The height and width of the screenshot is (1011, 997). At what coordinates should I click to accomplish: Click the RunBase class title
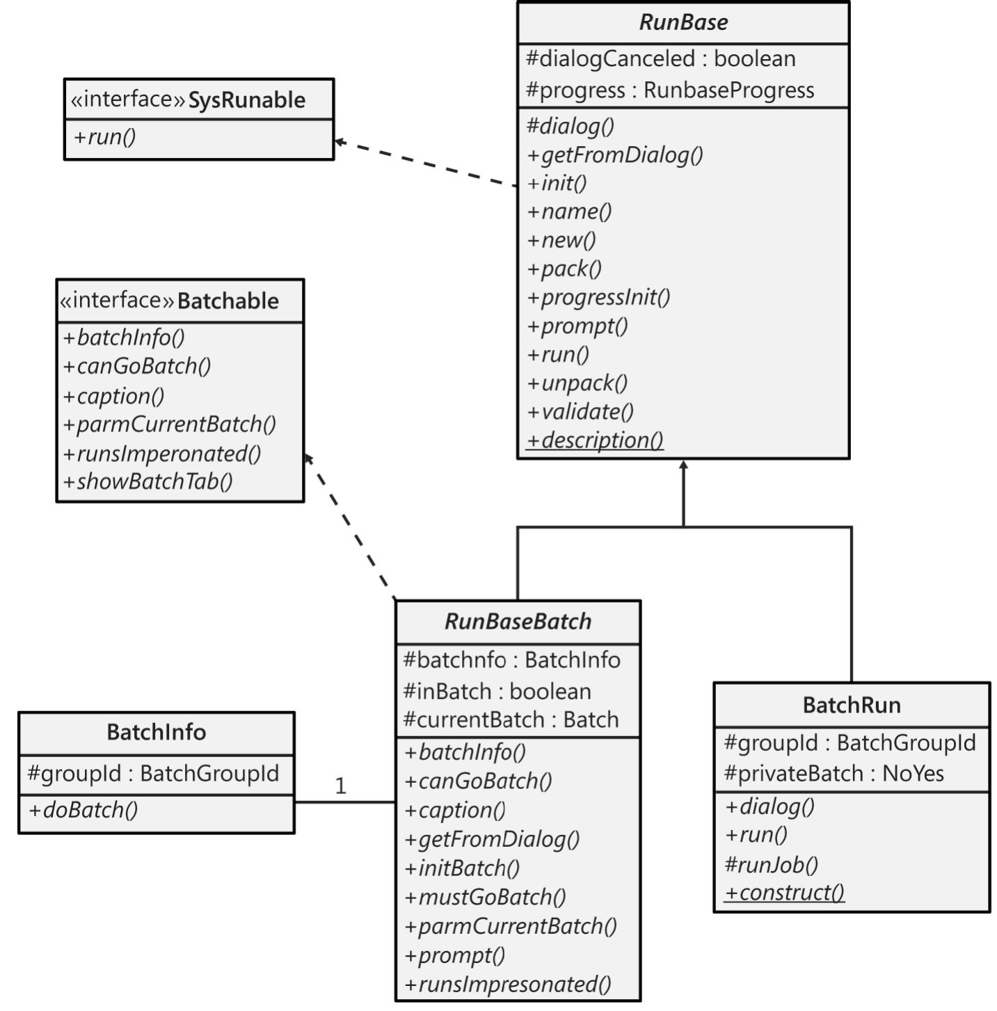point(683,22)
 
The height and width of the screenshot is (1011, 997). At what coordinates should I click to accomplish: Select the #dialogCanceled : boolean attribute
point(660,59)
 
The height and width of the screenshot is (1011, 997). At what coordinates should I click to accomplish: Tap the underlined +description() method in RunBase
point(595,440)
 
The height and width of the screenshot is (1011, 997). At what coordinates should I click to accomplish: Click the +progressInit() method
point(598,297)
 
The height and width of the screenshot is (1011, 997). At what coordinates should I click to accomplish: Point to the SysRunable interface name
point(246,100)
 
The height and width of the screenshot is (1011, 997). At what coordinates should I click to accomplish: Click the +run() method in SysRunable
point(105,136)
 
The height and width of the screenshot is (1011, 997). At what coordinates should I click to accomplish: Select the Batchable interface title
point(228,301)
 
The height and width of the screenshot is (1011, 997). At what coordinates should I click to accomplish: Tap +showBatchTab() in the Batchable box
point(147,481)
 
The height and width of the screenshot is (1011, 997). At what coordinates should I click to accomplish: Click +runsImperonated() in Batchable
point(161,454)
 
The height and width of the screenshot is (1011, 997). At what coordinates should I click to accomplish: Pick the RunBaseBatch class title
point(518,621)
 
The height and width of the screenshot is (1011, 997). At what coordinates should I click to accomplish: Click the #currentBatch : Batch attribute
point(511,719)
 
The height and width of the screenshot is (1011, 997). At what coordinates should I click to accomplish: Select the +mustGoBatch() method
point(485,897)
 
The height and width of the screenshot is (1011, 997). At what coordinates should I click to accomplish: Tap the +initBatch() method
point(462,868)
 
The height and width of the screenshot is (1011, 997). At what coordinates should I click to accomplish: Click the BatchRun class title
point(852,705)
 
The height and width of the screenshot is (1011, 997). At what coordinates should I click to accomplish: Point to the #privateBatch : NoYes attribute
point(834,774)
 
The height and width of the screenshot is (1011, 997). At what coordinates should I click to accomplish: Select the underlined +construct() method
point(784,893)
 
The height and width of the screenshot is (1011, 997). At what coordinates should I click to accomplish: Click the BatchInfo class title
point(156,732)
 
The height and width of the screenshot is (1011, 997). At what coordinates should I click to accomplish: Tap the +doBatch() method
point(83,810)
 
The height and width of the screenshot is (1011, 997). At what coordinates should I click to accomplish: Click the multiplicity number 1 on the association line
point(340,786)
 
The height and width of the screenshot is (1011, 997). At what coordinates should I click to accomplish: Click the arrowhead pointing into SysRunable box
point(340,142)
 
